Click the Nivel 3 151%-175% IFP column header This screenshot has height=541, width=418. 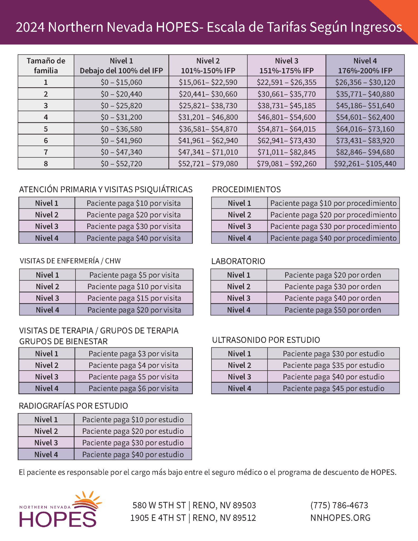click(x=287, y=66)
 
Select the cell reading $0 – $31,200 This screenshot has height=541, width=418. click(x=121, y=117)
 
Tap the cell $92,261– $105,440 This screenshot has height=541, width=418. click(x=365, y=164)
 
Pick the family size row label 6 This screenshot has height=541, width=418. click(x=46, y=140)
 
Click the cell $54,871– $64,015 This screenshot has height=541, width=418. click(x=287, y=129)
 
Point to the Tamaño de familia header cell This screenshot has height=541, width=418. click(x=46, y=66)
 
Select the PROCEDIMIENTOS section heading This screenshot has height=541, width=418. click(x=246, y=189)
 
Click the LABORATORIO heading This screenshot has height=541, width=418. click(x=238, y=261)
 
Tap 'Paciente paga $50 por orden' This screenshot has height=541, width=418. click(x=332, y=310)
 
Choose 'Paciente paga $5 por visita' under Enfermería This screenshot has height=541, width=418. click(x=134, y=275)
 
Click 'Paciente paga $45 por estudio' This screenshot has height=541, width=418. click(x=333, y=388)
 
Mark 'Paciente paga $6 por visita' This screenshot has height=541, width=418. click(x=133, y=388)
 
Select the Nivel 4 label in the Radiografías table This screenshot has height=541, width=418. click(x=46, y=454)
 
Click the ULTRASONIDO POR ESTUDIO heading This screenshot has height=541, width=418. click(x=266, y=340)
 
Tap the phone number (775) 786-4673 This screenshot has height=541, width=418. click(x=339, y=505)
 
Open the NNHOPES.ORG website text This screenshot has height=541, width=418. click(x=340, y=517)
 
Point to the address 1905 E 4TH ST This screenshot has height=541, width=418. click(x=158, y=518)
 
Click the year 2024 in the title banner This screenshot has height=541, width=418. click(x=30, y=27)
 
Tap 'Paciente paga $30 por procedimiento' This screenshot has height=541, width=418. click(x=333, y=226)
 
